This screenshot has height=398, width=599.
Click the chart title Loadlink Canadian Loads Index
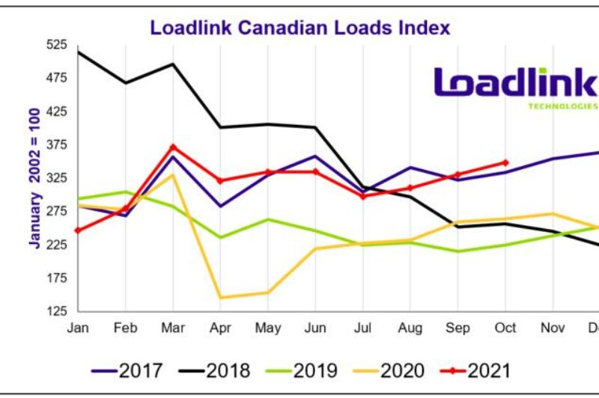click(299, 28)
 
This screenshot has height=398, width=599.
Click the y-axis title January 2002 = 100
click(34, 177)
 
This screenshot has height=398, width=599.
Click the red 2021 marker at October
click(505, 162)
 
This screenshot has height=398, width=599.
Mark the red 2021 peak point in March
click(173, 147)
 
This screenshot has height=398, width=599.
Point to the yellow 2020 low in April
click(221, 298)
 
